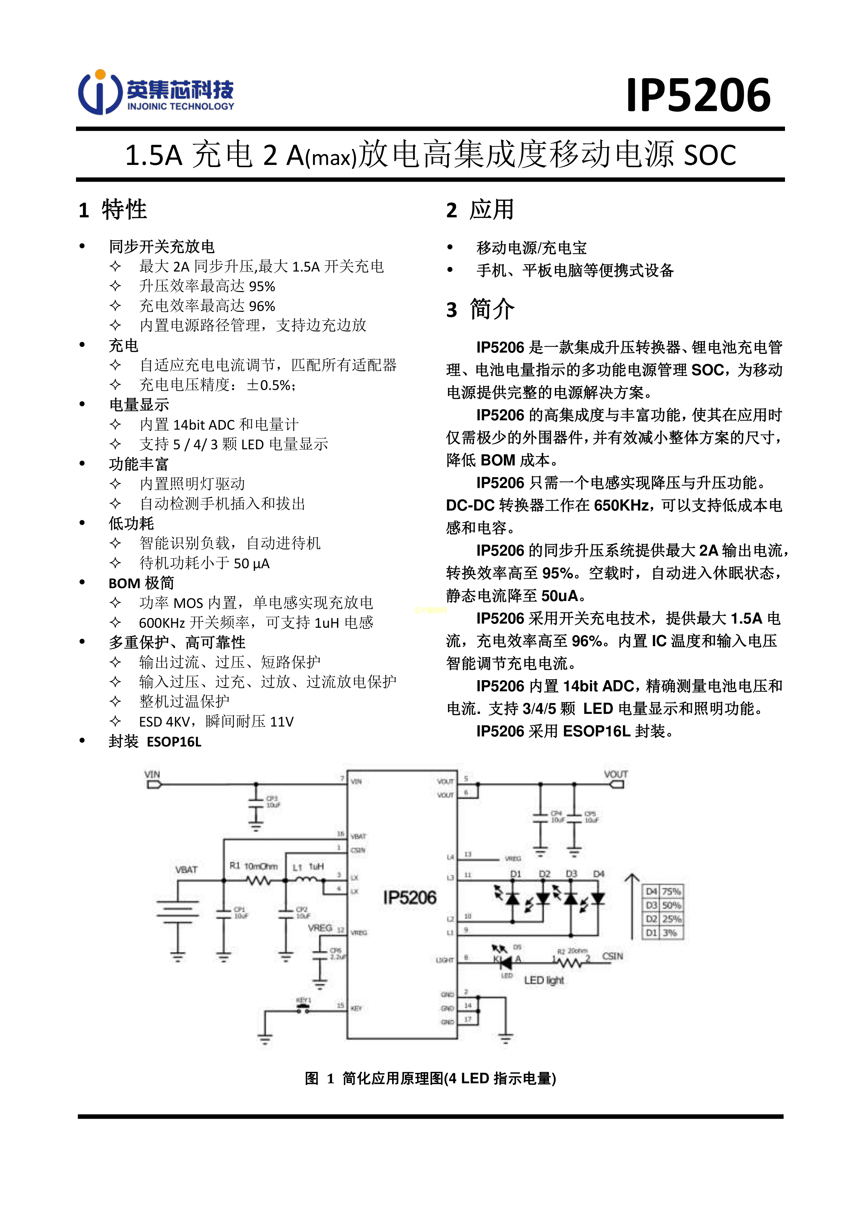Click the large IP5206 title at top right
(698, 95)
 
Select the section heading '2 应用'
(480, 210)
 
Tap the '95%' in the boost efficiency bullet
(262, 286)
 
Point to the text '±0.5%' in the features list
(270, 385)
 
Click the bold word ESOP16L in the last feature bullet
(174, 742)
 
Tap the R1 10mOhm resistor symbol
(258, 881)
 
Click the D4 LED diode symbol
(598, 898)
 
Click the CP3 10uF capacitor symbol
(256, 802)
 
